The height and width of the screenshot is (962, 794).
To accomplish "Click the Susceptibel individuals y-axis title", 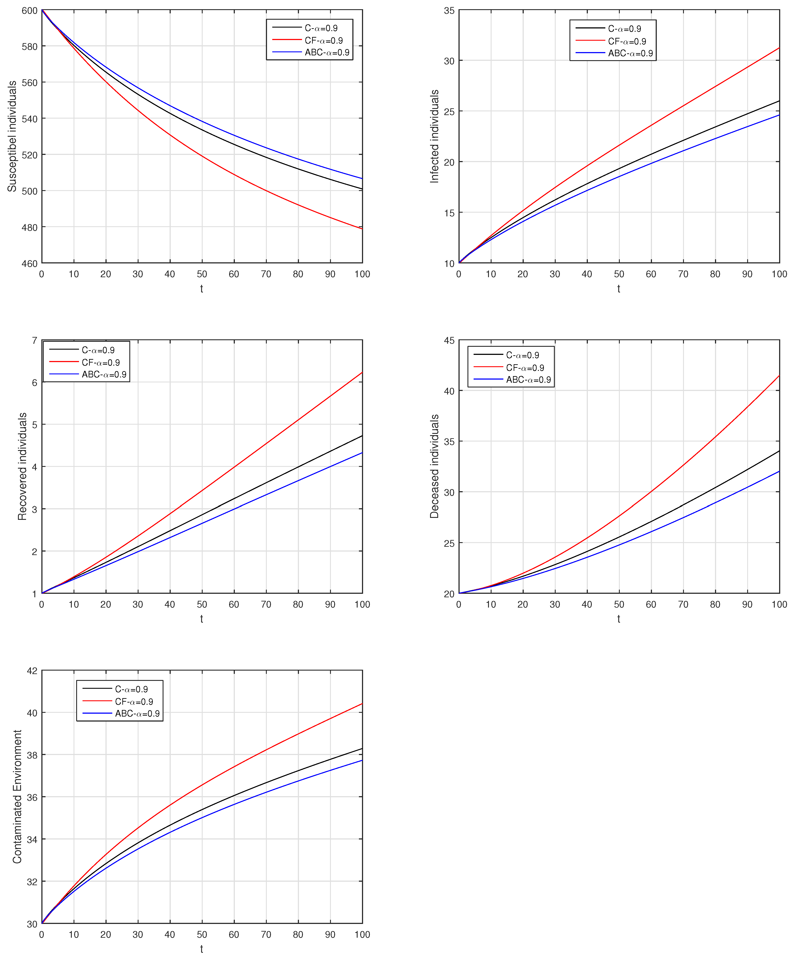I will tap(12, 136).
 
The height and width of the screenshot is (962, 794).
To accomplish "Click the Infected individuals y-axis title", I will tap(434, 136).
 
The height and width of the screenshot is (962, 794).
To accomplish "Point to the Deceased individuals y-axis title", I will tap(434, 466).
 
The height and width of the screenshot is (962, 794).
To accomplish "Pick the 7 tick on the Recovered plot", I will tap(34, 341).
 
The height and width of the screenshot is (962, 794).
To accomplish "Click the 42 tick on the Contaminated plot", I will tap(32, 671).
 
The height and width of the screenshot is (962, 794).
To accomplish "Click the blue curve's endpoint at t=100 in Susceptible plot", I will tap(362, 178).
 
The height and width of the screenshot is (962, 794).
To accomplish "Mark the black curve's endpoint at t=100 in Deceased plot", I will tap(779, 451).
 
